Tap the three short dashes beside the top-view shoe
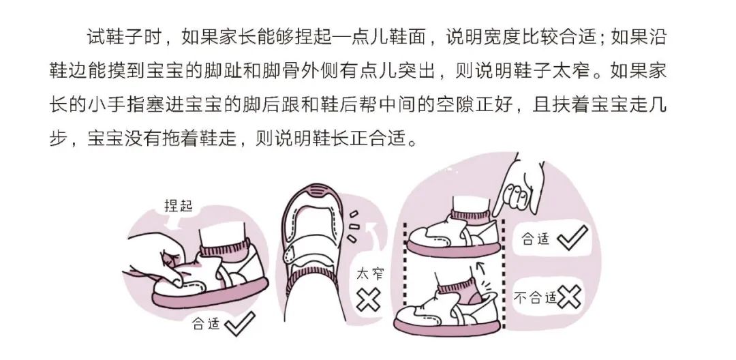click(x=350, y=226)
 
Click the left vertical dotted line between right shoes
click(x=406, y=273)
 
